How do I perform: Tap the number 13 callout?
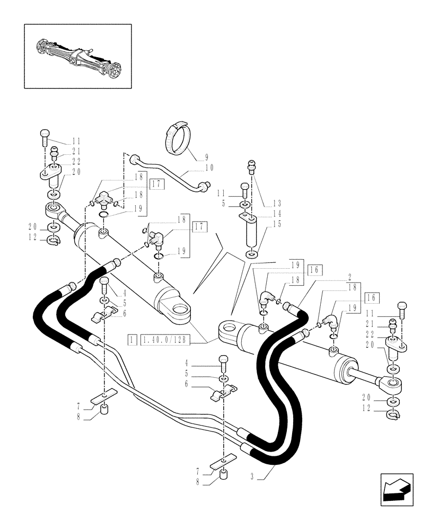click(277, 203)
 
